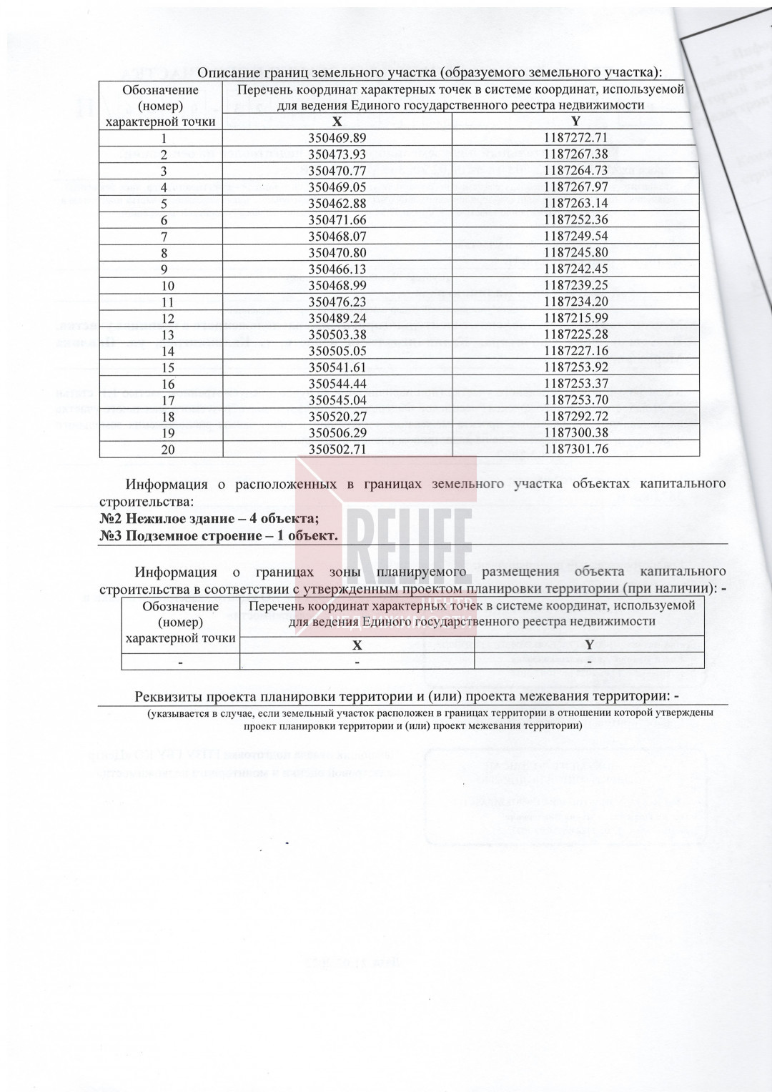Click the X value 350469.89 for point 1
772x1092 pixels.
[x=337, y=138]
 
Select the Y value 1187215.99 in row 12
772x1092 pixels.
[x=575, y=319]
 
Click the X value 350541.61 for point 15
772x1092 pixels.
[x=337, y=368]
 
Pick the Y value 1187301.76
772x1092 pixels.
[x=575, y=450]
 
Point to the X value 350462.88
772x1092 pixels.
[x=337, y=203]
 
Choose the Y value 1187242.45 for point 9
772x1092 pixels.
[x=575, y=269]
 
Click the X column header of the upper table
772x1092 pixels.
[x=337, y=121]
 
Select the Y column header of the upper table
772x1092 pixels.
[x=575, y=121]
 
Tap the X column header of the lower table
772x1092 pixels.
[x=357, y=645]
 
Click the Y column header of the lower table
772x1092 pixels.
[x=589, y=645]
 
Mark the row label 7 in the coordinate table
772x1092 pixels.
[x=164, y=237]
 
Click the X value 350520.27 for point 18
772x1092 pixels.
[x=337, y=417]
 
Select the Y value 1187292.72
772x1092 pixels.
[x=575, y=417]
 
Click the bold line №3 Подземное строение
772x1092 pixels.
[x=218, y=536]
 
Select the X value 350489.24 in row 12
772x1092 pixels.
[x=337, y=319]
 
